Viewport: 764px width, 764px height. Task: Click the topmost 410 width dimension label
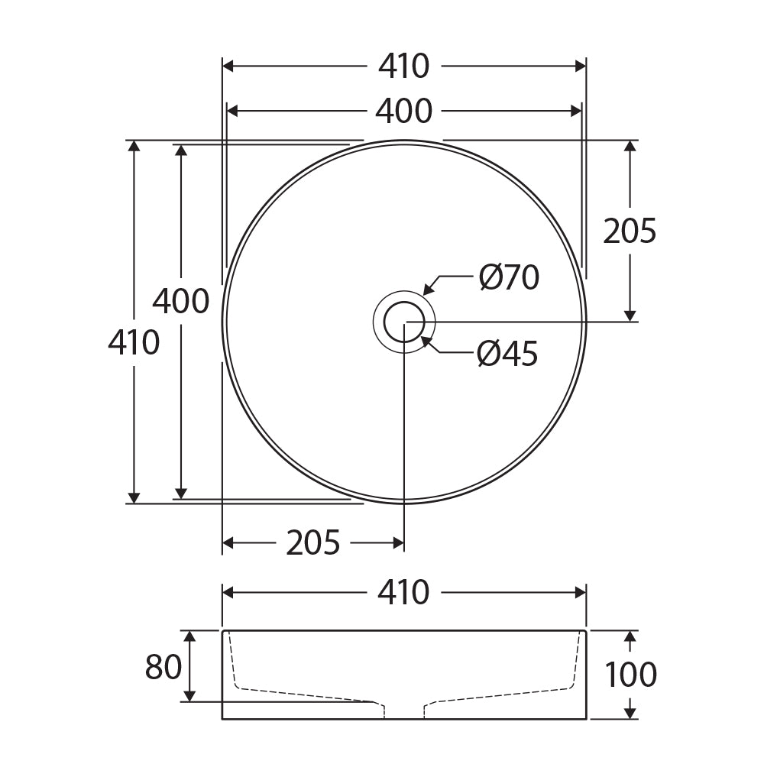tap(404, 66)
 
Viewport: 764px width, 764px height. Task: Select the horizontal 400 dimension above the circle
tap(404, 111)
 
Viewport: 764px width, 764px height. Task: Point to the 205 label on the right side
tap(630, 231)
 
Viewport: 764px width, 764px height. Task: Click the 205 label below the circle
tap(312, 542)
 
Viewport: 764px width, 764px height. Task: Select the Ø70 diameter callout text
tap(509, 277)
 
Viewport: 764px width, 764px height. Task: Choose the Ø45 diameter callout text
tap(508, 353)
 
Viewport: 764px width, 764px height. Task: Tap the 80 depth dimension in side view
tap(163, 667)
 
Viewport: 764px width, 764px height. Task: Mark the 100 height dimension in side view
tap(630, 675)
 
